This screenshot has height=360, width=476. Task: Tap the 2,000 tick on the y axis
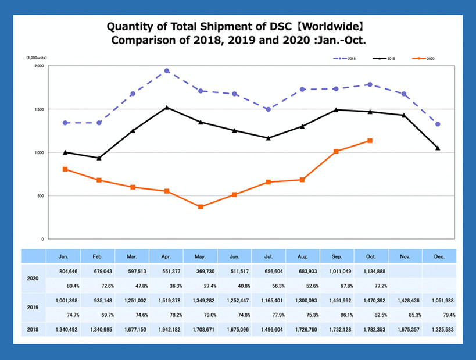(x=39, y=66)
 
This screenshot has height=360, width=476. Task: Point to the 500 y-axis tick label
(x=41, y=196)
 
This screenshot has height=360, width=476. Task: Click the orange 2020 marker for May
(x=201, y=206)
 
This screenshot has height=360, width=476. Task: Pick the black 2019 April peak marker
(x=167, y=107)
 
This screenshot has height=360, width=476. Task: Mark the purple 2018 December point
(x=438, y=124)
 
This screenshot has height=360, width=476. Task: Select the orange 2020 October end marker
(x=370, y=141)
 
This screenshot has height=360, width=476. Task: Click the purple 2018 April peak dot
(x=167, y=71)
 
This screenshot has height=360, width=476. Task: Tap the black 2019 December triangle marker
(x=438, y=148)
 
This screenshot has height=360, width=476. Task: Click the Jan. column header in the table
(x=64, y=255)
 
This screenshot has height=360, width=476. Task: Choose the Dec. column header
(x=439, y=255)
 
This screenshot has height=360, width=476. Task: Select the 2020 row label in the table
(x=34, y=278)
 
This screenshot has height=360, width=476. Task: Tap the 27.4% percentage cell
(x=200, y=286)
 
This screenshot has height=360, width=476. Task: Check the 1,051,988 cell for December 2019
(x=439, y=301)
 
